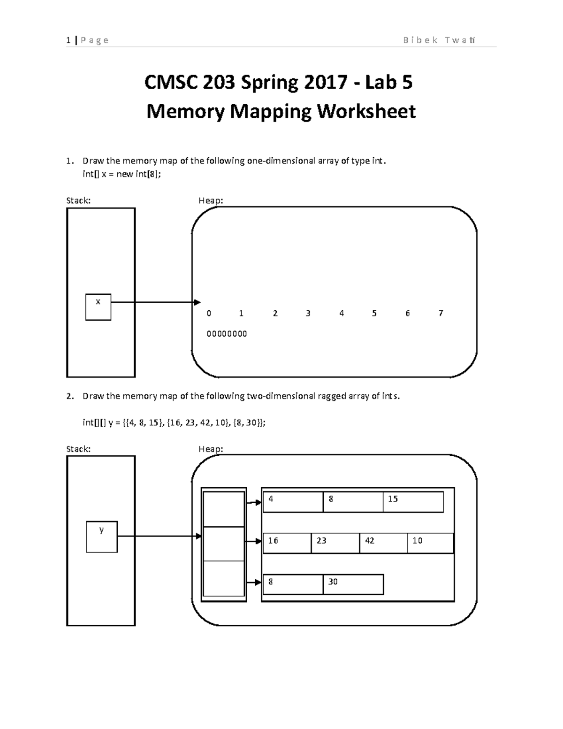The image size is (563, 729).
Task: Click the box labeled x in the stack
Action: click(x=98, y=307)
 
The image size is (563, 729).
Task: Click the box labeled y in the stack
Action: click(x=102, y=537)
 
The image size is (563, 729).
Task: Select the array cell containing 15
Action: click(x=413, y=502)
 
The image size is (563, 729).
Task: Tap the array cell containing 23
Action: click(x=335, y=543)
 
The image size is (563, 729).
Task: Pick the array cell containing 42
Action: click(x=383, y=543)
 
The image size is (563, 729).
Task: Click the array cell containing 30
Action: click(x=353, y=584)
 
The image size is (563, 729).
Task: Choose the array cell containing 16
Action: click(x=287, y=543)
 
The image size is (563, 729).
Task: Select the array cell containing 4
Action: click(x=293, y=502)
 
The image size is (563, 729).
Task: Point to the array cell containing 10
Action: click(x=430, y=543)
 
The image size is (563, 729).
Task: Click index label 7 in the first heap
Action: click(x=441, y=313)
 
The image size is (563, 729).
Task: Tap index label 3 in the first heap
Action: click(x=308, y=313)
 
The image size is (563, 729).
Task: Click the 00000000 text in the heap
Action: click(x=227, y=334)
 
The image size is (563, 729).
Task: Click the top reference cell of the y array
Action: click(x=223, y=509)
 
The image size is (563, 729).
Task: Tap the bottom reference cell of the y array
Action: click(x=223, y=578)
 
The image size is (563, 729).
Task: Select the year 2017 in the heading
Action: click(x=322, y=83)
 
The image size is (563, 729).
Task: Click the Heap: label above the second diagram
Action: click(x=211, y=449)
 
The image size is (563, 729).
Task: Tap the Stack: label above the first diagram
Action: click(x=78, y=200)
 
